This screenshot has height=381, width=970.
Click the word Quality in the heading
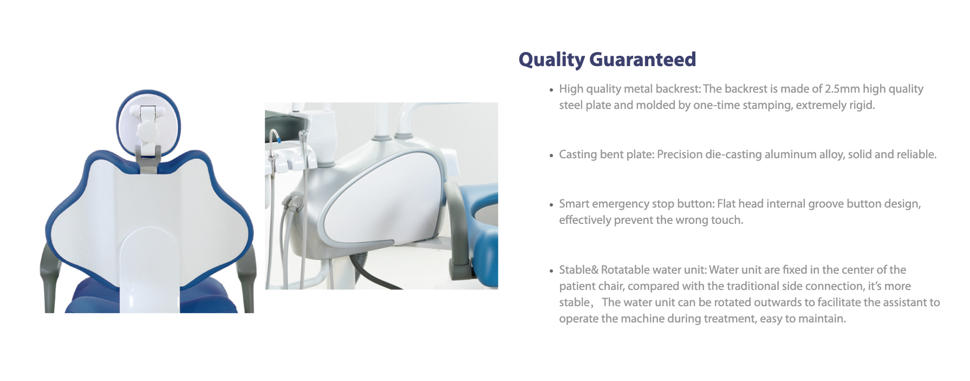[x=551, y=60]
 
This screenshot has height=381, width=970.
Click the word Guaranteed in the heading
[x=642, y=59]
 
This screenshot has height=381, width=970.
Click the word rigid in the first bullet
[x=861, y=105]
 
